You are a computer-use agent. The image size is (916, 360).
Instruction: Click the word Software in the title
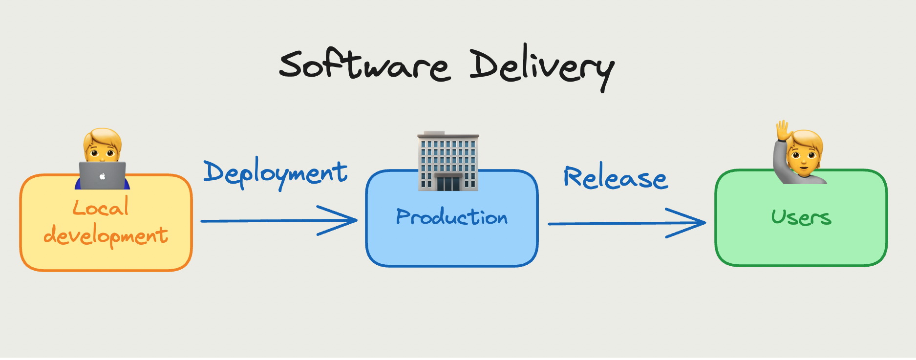click(x=364, y=66)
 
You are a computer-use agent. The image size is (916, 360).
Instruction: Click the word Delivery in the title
click(x=541, y=67)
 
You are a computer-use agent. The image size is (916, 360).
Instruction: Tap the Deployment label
click(x=276, y=173)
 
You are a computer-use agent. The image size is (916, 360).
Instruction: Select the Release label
click(x=616, y=177)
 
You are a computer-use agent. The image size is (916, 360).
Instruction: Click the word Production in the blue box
click(x=452, y=217)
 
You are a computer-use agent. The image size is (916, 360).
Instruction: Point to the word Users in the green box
click(x=801, y=217)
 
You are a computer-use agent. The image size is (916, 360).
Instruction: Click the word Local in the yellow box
click(x=101, y=208)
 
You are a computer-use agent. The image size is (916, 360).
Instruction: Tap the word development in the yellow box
click(x=106, y=236)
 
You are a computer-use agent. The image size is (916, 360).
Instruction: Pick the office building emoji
click(x=448, y=161)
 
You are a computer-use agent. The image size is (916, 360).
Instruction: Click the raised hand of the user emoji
click(x=783, y=131)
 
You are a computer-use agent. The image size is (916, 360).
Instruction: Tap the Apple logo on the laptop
click(x=103, y=176)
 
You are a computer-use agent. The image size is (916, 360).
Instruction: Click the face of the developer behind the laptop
click(x=102, y=149)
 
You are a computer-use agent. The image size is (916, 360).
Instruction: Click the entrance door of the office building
click(x=448, y=183)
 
